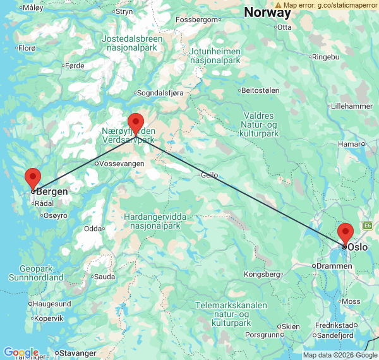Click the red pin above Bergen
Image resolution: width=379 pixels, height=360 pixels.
pos(32,177)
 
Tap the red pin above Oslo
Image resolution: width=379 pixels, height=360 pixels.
pos(345,232)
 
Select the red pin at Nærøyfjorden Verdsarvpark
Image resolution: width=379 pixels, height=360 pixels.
pos(136,122)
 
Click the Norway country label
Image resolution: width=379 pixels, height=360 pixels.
pos(267,12)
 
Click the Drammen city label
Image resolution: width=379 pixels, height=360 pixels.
pos(335,266)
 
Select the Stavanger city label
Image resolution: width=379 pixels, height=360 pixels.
pos(78,352)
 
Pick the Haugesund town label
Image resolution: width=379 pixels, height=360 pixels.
pos(52,304)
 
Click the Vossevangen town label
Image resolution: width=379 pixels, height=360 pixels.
pos(121,164)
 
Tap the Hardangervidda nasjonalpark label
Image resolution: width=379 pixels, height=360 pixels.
pos(155,221)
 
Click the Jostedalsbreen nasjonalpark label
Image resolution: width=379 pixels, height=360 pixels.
pos(132,43)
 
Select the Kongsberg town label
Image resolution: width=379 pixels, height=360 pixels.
pos(263,274)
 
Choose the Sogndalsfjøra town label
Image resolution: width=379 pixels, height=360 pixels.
pos(162,93)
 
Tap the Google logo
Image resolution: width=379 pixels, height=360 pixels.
pos(21,352)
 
